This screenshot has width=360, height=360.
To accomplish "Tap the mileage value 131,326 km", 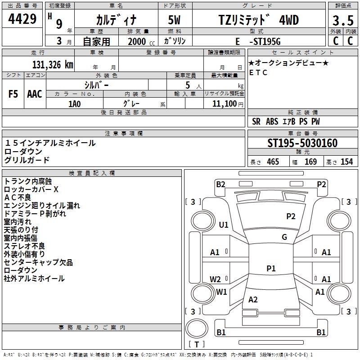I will tap(53, 64).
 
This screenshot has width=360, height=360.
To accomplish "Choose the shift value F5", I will tap(13, 94).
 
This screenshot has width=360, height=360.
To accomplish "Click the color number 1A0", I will tap(74, 103).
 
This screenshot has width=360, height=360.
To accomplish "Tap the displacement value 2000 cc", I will tap(137, 41).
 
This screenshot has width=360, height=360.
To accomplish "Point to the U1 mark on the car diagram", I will tap(224, 225).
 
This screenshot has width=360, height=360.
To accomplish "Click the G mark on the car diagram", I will tap(284, 237).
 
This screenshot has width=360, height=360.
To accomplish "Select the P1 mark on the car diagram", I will tap(271, 268).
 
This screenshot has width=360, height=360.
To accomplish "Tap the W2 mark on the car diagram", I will tap(216, 279).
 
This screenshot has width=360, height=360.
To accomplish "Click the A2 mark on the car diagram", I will tap(253, 300).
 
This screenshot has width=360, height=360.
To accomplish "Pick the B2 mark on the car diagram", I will tap(220, 184).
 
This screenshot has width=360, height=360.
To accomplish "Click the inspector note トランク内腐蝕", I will tap(27, 181).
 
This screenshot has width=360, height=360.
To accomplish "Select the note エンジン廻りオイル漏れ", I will tap(42, 206).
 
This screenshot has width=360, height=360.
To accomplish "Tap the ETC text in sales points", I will tap(258, 72).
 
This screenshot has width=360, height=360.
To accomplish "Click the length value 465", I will tap(273, 162).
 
